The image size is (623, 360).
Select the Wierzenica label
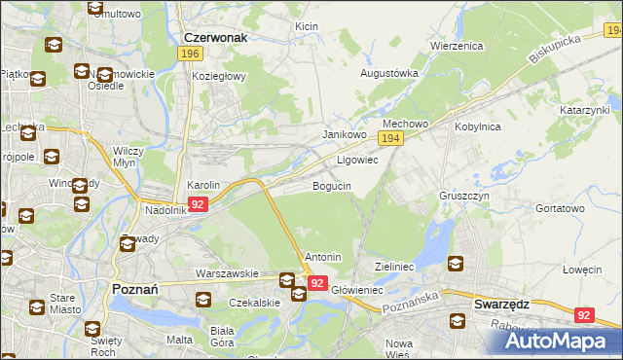point(457,46)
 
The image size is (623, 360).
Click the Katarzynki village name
point(584,111)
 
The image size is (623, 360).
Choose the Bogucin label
point(331,185)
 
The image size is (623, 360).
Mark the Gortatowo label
point(560,208)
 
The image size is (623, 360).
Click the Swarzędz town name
point(501,304)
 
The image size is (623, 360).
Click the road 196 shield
point(191,54)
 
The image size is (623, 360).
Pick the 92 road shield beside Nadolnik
point(198,204)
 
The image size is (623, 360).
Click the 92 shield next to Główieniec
point(317,282)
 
